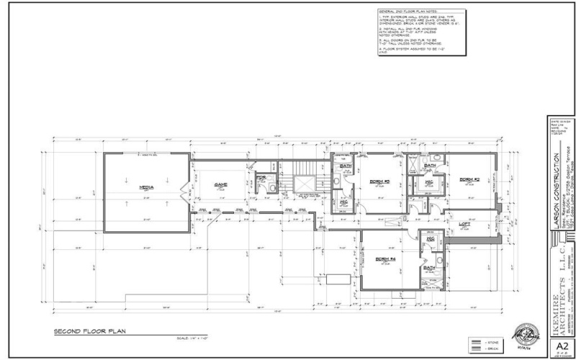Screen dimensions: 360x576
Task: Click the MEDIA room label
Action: point(146,186)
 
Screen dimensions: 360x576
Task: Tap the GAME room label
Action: point(220,184)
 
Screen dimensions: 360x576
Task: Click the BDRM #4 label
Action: point(387,258)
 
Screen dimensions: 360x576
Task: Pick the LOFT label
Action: point(465,223)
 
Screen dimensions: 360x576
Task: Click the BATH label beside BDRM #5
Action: point(344,166)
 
